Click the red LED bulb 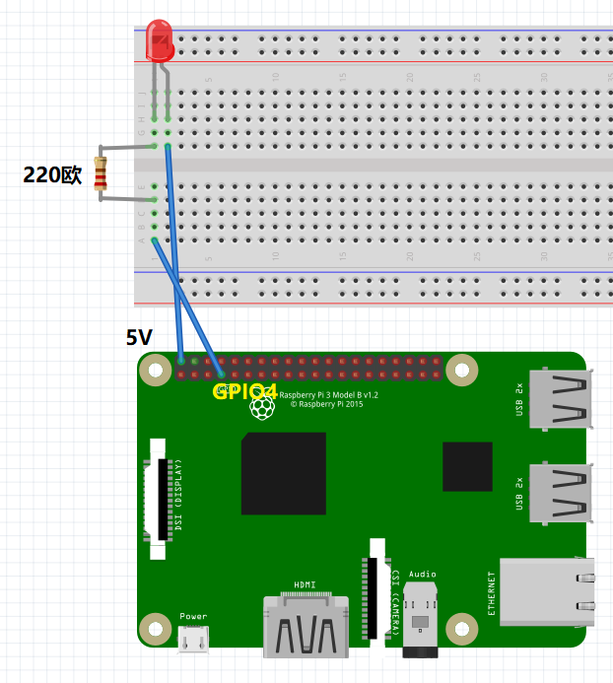(159, 40)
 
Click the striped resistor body (100, 174)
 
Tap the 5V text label (139, 338)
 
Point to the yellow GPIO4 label (244, 391)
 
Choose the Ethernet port (547, 590)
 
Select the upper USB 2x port (562, 398)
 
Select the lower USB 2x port (562, 493)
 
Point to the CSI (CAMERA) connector (376, 587)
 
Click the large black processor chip (284, 473)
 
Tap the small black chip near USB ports (467, 466)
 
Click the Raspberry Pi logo (261, 406)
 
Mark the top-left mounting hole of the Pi (155, 370)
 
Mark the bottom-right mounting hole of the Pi (461, 628)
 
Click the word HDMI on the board (305, 585)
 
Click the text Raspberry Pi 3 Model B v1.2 (329, 394)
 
